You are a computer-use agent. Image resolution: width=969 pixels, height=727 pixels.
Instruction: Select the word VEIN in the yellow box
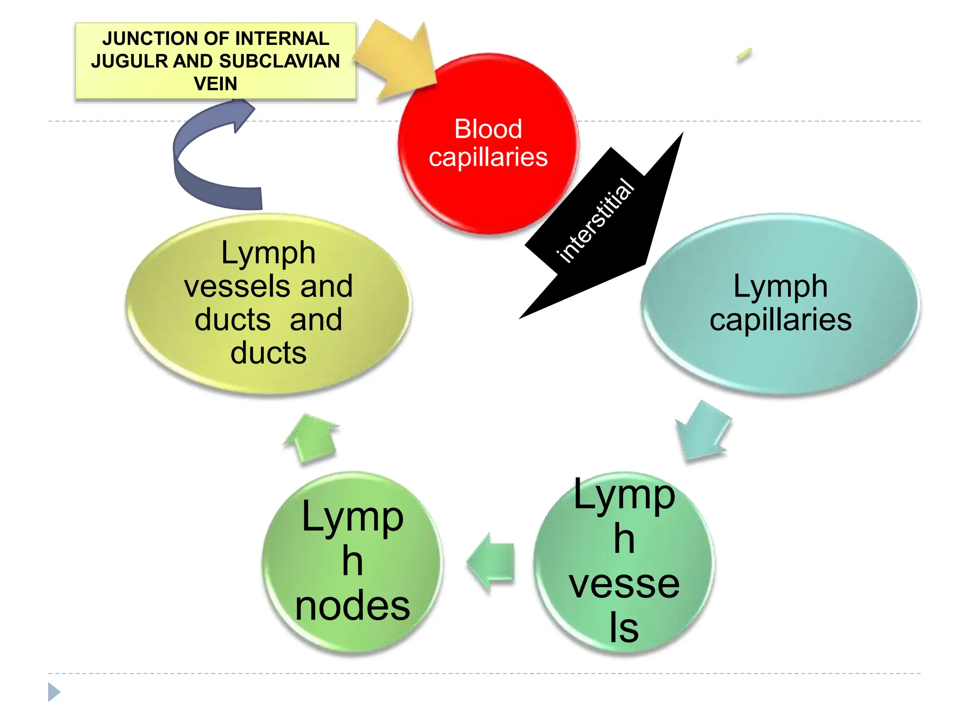click(x=215, y=84)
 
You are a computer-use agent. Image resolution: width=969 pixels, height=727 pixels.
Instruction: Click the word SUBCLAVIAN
click(x=280, y=62)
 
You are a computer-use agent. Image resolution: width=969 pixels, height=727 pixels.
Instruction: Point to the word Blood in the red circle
click(x=488, y=129)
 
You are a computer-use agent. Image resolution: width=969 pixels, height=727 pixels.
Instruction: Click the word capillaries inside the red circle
click(x=488, y=157)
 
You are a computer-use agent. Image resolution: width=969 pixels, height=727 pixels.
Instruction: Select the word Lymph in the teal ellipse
click(x=780, y=286)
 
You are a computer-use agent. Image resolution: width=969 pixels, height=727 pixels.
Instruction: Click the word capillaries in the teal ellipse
click(x=780, y=320)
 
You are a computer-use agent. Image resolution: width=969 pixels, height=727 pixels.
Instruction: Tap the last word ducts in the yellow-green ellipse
click(x=268, y=353)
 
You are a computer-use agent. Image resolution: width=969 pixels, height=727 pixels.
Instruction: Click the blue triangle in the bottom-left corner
click(x=53, y=692)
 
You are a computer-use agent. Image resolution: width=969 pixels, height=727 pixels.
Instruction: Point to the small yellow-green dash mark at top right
click(x=744, y=55)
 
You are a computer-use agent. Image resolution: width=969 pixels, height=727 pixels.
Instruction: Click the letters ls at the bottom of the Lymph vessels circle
click(x=624, y=628)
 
